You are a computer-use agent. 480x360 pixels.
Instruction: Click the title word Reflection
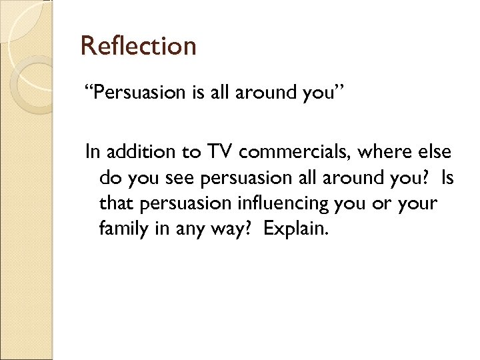[138, 47]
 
